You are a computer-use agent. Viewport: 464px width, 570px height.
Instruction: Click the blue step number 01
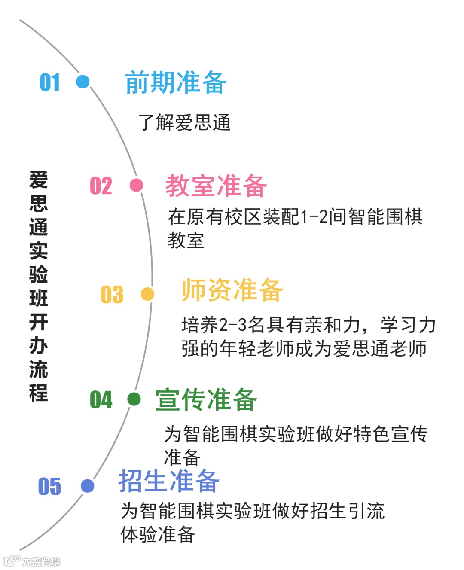[50, 82]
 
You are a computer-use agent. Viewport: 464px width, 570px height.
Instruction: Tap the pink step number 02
[101, 186]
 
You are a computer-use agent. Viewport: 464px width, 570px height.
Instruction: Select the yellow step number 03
[112, 295]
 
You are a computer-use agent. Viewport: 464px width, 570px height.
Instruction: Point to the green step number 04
[101, 399]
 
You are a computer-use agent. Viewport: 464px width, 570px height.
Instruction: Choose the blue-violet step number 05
[50, 486]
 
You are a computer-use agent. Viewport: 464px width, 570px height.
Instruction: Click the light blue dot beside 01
[82, 82]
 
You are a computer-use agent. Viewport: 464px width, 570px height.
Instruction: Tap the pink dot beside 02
[136, 185]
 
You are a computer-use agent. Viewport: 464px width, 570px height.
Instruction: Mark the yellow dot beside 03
[147, 294]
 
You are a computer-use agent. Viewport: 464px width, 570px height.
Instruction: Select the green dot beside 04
[134, 399]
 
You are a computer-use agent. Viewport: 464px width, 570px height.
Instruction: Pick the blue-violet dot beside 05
[87, 486]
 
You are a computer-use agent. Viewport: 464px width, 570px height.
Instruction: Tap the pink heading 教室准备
[216, 186]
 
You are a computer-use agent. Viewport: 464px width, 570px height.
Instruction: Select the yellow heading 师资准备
[232, 290]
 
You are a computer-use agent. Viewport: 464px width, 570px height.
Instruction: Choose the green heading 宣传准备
[206, 399]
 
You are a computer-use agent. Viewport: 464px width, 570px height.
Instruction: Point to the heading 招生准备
[169, 481]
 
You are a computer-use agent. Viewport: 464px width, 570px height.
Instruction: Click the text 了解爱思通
[184, 122]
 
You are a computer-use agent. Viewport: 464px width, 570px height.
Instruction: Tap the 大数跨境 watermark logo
[32, 561]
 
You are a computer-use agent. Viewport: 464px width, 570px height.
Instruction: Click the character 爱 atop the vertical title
[39, 180]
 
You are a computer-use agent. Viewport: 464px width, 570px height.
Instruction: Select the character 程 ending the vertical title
[39, 393]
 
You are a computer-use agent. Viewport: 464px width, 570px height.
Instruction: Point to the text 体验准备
[158, 534]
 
